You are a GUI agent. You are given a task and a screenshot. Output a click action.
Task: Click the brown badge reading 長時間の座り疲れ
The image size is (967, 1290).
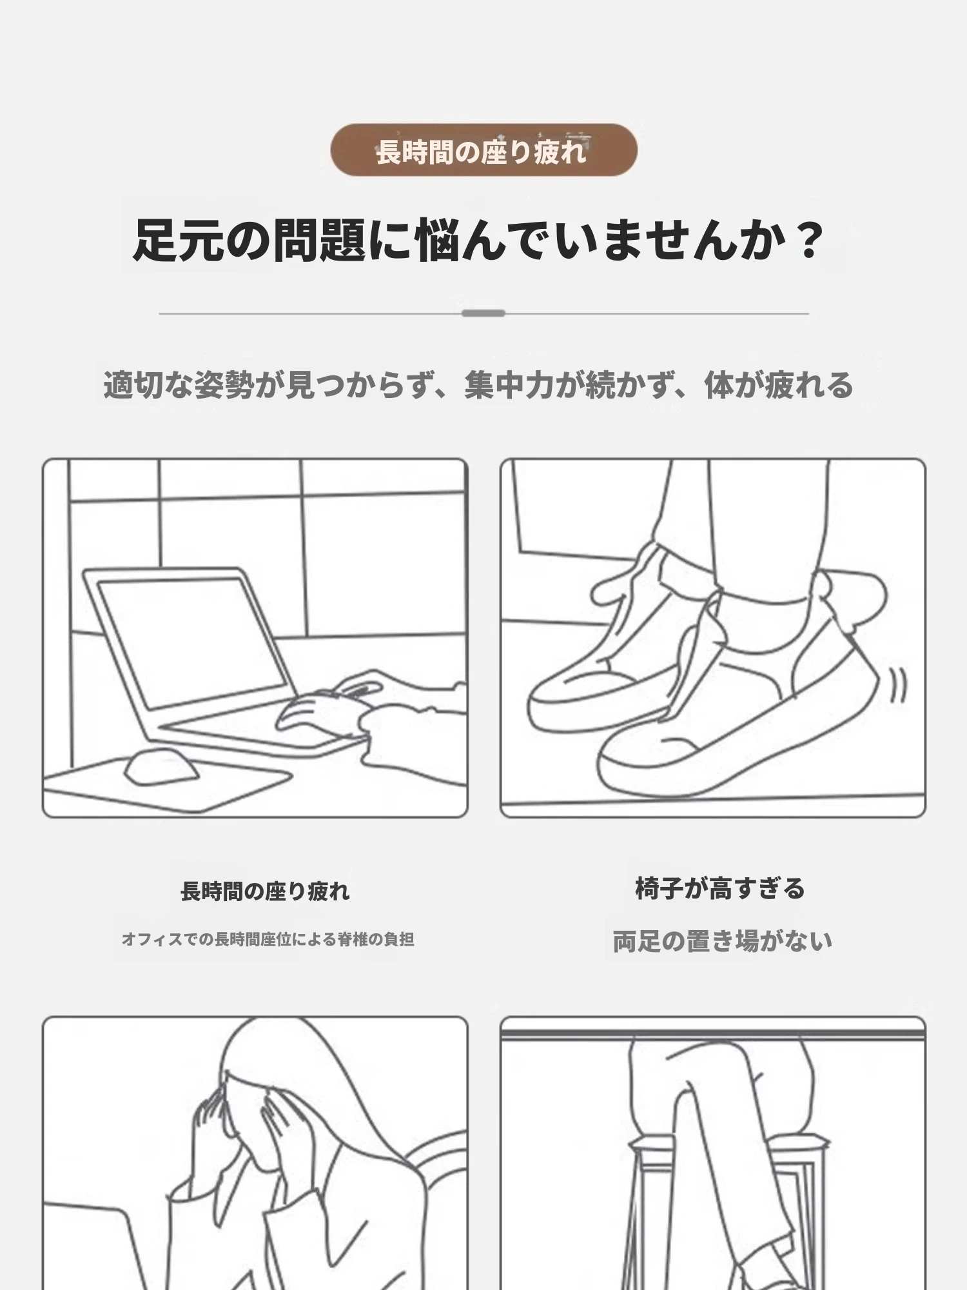click(x=484, y=150)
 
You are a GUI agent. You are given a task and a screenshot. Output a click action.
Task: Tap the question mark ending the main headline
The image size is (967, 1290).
click(x=808, y=240)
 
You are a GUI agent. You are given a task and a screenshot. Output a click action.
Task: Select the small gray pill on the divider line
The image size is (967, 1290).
click(x=484, y=313)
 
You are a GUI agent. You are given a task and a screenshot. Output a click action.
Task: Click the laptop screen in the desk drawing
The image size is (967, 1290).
click(x=191, y=642)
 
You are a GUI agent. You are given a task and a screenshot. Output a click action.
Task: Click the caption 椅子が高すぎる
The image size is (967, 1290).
click(x=720, y=889)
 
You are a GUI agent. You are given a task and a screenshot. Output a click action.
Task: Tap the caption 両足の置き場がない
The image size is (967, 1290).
click(x=722, y=942)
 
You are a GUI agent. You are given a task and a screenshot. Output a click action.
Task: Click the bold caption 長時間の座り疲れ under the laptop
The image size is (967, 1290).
click(x=265, y=891)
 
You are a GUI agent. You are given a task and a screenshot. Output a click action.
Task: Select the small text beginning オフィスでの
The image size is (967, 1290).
click(x=268, y=939)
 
